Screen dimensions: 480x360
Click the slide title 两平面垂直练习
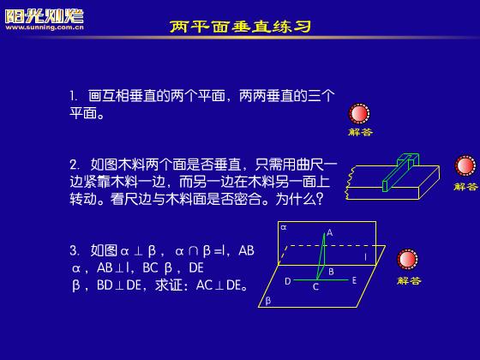tap(240, 27)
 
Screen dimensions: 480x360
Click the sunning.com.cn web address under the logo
tap(45, 27)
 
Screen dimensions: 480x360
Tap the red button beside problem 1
tap(359, 113)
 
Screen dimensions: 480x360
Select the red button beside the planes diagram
tap(407, 260)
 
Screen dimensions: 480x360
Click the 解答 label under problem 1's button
tap(360, 132)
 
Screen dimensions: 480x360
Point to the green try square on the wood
tap(400, 171)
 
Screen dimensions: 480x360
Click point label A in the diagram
tap(329, 232)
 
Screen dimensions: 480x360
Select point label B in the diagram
tap(331, 271)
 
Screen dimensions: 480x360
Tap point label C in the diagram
tap(315, 287)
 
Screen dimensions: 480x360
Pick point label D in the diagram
tap(287, 281)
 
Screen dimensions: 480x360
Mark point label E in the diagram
tap(354, 280)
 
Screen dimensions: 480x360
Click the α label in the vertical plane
tap(284, 227)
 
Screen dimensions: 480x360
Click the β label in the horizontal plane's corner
tap(268, 301)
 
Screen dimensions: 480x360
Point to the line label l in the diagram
tap(365, 257)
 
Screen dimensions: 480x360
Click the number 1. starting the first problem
tap(73, 96)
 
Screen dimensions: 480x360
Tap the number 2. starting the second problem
tap(75, 165)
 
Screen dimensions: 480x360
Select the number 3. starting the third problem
tap(75, 250)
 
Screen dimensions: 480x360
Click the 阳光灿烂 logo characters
tap(45, 16)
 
